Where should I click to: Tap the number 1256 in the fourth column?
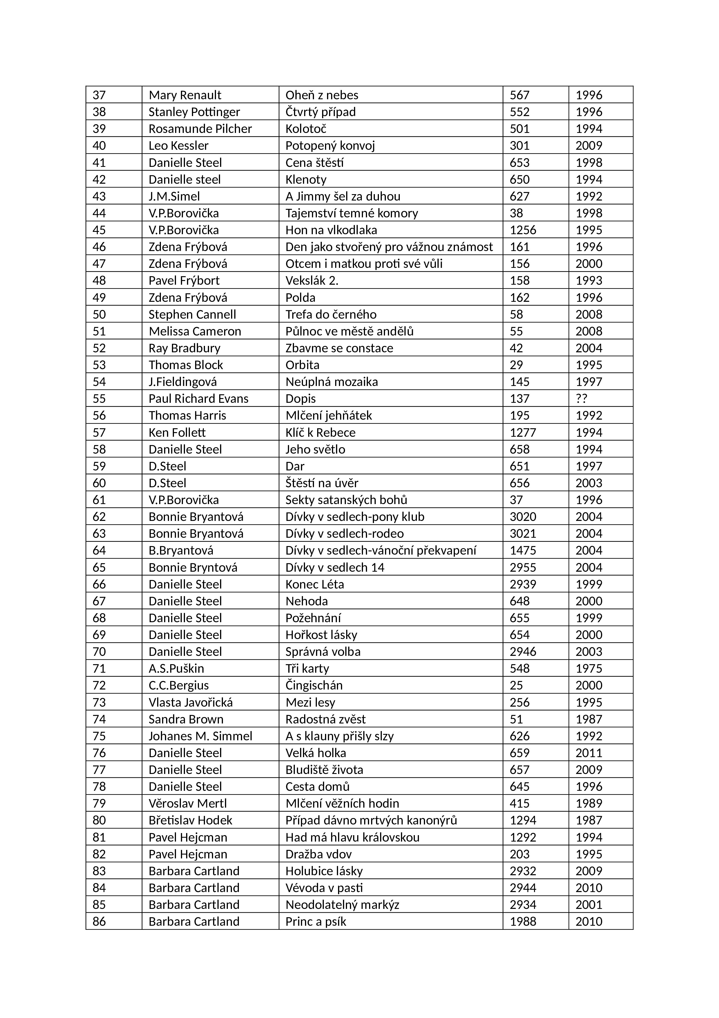pos(523,230)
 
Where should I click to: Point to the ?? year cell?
pos(581,399)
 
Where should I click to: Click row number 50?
pos(99,314)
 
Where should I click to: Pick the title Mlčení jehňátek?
pos(329,416)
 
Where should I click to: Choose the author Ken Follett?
pos(177,432)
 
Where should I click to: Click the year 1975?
pos(589,668)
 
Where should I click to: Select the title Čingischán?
pos(314,685)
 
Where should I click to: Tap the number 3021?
pos(523,533)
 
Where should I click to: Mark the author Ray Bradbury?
pos(184,348)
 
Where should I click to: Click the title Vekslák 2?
pos(312,280)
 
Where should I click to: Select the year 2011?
pos(589,752)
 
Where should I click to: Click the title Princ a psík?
pos(316,921)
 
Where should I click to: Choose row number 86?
pos(99,921)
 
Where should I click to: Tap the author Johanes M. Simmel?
pos(200,736)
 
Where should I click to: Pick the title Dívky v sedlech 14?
pos(335,568)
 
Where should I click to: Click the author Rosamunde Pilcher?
pos(200,129)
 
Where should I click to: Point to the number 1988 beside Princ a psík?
pos(523,921)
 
